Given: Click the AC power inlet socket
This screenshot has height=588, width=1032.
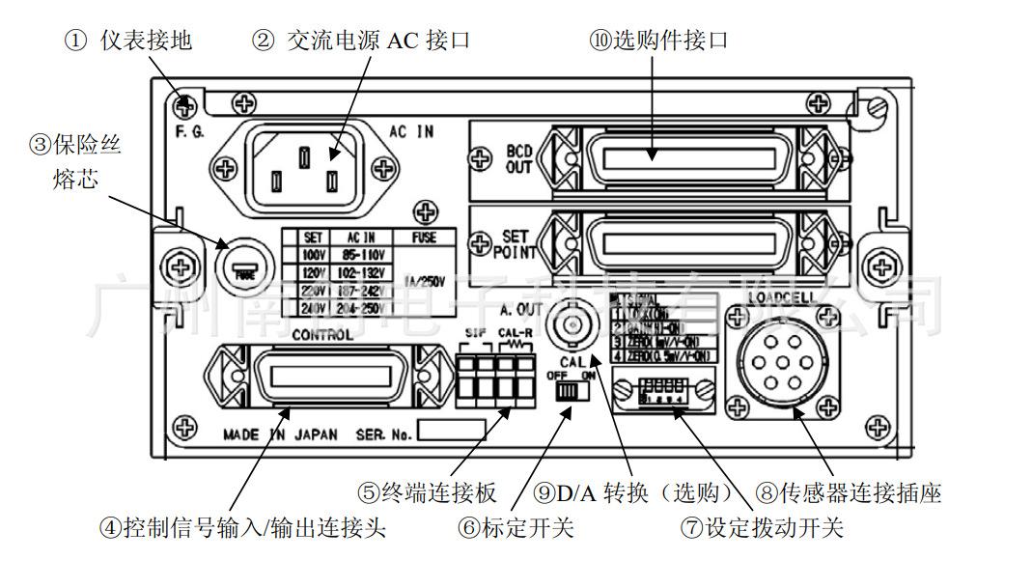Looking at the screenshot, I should [x=304, y=166].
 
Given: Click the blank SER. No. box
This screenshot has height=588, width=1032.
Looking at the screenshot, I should [x=450, y=430].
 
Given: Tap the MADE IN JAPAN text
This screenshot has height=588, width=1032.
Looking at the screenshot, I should [x=280, y=434].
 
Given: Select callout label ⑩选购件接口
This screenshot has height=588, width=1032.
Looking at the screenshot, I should [x=658, y=40].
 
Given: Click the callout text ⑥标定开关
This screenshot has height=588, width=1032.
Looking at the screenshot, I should [x=516, y=529].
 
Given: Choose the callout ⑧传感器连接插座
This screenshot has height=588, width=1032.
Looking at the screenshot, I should [x=849, y=493].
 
